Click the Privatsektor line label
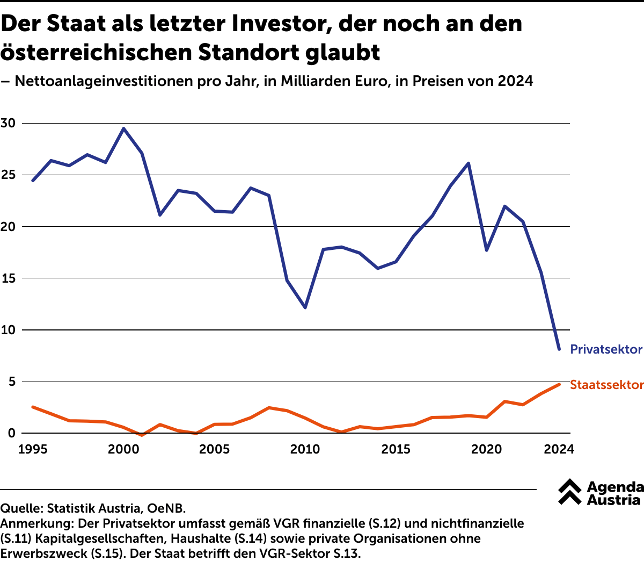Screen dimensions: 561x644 606,349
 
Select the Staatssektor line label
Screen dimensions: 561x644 606,385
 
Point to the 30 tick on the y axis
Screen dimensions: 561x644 8,123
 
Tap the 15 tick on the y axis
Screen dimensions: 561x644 8,278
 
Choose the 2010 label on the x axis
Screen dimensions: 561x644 305,449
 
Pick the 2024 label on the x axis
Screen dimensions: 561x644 559,449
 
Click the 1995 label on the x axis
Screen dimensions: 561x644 33,449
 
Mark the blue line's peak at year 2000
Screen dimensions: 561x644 124,128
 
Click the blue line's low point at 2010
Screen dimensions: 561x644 305,307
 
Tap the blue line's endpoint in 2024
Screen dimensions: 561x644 559,349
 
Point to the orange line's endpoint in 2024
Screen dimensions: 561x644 559,384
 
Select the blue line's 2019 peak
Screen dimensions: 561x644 469,163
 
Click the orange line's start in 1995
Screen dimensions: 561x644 33,407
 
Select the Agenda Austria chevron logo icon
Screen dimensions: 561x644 569,492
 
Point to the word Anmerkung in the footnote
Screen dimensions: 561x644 37,523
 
